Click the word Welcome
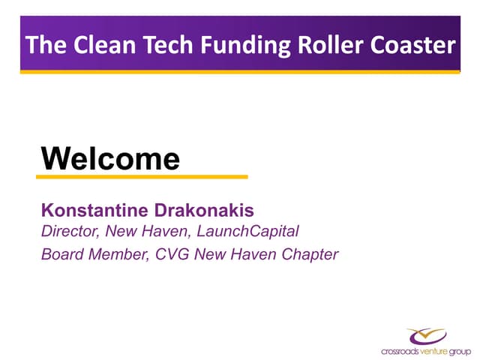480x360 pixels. pos(110,158)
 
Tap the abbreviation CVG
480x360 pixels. pos(172,254)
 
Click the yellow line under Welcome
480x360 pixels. pos(142,177)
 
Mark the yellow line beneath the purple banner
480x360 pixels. pos(240,72)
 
